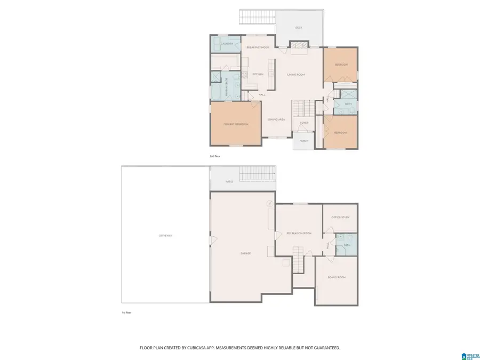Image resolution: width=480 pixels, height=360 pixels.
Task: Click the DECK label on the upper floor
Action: pos(299,27)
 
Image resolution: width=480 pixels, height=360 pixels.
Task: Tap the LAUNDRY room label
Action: pos(220,43)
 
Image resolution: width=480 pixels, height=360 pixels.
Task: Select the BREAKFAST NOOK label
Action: pos(258,47)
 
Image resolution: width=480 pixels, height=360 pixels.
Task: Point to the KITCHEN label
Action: pos(258,74)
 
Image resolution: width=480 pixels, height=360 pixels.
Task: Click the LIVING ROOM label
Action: pos(295,74)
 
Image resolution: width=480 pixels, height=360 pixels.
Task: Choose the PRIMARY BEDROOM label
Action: pos(235,124)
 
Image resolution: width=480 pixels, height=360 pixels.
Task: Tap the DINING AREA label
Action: pos(277,119)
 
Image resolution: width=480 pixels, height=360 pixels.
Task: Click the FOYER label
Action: pos(304,123)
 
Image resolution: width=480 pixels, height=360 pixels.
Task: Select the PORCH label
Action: pos(304,141)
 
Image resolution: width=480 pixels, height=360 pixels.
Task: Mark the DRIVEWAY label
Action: pos(165,235)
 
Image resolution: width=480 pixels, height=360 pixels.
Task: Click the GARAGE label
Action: pos(245,253)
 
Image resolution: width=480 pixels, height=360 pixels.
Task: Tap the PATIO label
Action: pos(229,182)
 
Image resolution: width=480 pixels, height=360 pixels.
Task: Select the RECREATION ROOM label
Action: pos(298,234)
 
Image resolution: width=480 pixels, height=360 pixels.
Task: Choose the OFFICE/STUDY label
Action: pos(340,217)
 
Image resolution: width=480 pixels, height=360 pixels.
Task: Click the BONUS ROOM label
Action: pos(337,277)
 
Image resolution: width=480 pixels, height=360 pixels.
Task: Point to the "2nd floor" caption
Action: pos(215,156)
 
